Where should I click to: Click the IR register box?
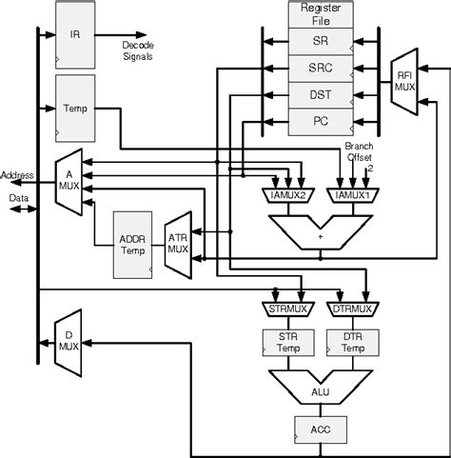[75, 34]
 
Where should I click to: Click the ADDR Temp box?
[131, 245]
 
